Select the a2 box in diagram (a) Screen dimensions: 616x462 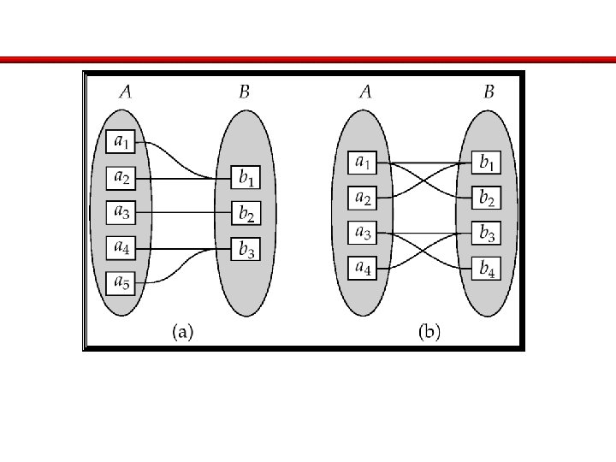click(x=121, y=178)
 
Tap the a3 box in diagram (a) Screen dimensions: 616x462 click(x=121, y=211)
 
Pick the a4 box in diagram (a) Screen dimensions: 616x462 click(x=121, y=247)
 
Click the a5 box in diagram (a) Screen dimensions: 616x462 click(x=121, y=282)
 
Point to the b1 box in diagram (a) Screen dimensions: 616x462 click(x=246, y=179)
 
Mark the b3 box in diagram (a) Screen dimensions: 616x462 click(x=246, y=249)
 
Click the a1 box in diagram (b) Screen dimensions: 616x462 click(x=363, y=162)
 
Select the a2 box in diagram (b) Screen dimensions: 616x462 click(x=363, y=198)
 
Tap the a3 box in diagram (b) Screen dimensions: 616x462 click(x=363, y=232)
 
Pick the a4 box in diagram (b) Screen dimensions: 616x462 click(x=363, y=268)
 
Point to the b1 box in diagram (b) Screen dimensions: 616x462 click(x=487, y=162)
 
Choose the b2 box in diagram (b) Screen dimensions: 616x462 click(x=487, y=198)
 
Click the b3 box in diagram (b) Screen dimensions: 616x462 click(x=487, y=233)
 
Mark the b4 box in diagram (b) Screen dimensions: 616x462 click(x=487, y=268)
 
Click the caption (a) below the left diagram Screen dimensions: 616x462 click(x=182, y=332)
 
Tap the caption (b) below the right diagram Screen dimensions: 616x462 click(x=429, y=332)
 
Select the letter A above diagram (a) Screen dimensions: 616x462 click(x=125, y=92)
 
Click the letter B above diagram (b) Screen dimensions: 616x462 click(x=489, y=92)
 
